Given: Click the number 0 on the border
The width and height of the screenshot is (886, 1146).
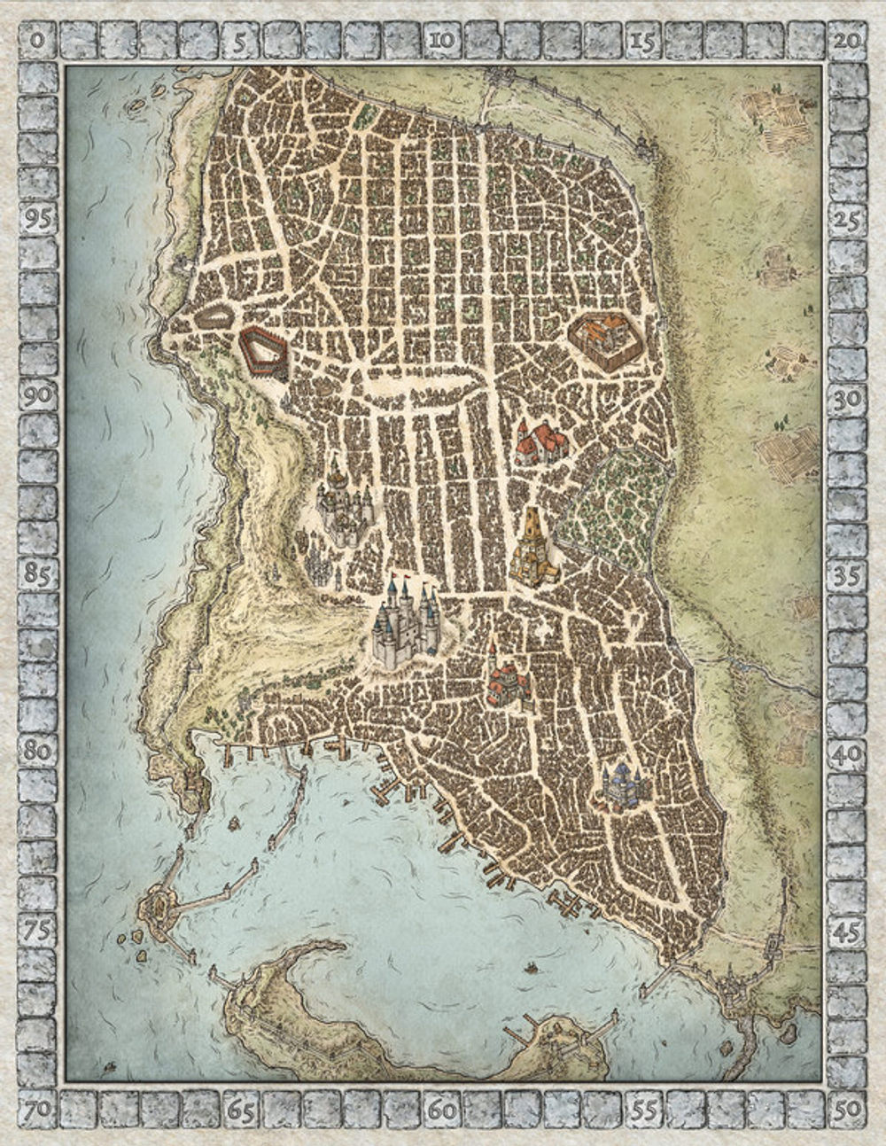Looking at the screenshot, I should pyautogui.click(x=37, y=40).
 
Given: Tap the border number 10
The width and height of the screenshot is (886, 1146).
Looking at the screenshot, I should pyautogui.click(x=442, y=40).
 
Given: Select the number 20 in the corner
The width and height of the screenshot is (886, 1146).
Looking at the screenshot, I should pyautogui.click(x=848, y=40).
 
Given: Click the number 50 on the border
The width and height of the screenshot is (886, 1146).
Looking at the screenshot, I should pyautogui.click(x=848, y=1109).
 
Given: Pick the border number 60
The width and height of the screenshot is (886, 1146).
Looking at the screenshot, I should pyautogui.click(x=442, y=1109).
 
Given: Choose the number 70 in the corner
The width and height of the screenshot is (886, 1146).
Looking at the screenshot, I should pyautogui.click(x=37, y=1109).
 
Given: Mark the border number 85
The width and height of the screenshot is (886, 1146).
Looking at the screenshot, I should pyautogui.click(x=37, y=574).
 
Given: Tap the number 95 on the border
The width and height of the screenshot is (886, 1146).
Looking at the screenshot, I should pyautogui.click(x=37, y=219).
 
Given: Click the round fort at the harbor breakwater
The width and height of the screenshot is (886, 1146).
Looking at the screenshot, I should pyautogui.click(x=159, y=905).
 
